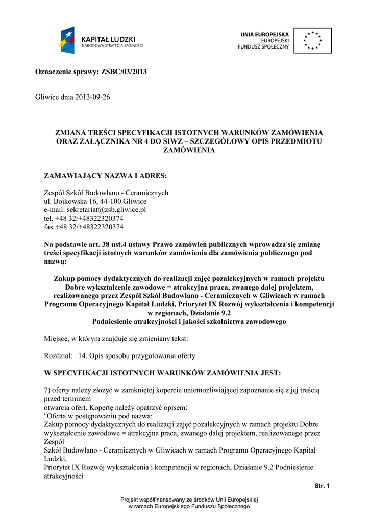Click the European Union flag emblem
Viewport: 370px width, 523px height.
[312, 40]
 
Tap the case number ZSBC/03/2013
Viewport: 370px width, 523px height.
[125, 72]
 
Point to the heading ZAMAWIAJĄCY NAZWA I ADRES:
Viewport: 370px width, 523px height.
[106, 176]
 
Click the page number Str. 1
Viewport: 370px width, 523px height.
[322, 485]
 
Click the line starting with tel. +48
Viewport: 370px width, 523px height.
[84, 218]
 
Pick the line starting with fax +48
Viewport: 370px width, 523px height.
[84, 227]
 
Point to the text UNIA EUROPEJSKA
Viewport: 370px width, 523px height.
[264, 34]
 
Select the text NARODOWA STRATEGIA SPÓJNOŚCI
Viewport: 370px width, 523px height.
[112, 45]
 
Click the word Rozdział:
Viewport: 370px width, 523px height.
[58, 355]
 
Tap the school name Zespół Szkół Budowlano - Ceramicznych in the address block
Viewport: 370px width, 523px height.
[106, 193]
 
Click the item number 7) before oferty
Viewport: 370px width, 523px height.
[48, 391]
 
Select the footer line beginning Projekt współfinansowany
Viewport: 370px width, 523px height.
[189, 499]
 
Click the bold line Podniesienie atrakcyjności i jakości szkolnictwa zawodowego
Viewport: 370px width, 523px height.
[189, 322]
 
